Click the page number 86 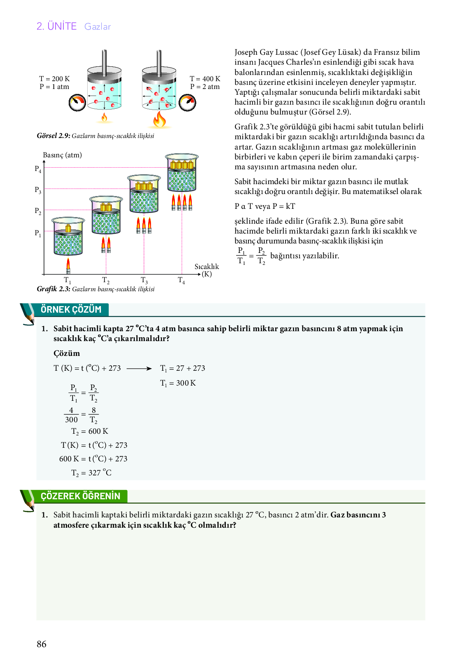click(x=42, y=644)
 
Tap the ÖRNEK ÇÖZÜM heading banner click(x=71, y=309)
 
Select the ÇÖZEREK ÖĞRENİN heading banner click(x=80, y=496)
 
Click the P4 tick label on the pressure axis click(x=38, y=169)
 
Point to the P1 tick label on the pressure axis click(x=38, y=233)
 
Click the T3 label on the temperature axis click(x=144, y=281)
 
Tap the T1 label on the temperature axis click(x=67, y=281)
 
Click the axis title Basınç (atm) click(x=63, y=155)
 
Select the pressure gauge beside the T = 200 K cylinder click(x=77, y=103)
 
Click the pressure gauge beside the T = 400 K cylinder click(x=188, y=103)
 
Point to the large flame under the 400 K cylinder click(x=159, y=119)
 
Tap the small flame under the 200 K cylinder click(x=104, y=118)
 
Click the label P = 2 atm click(x=205, y=87)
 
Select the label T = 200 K click(x=54, y=79)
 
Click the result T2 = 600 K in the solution click(x=90, y=431)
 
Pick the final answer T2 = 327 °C click(x=91, y=473)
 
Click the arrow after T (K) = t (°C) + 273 click(x=139, y=368)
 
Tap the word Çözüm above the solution click(x=67, y=353)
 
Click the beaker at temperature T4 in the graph click(x=182, y=174)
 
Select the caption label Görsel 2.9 click(x=53, y=136)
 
